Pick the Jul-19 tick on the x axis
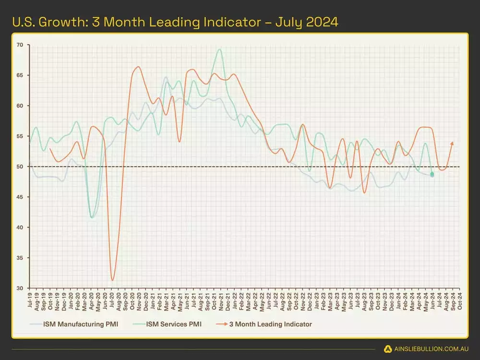(x=30, y=299)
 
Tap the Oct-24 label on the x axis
(x=460, y=299)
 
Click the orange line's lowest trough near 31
(x=112, y=280)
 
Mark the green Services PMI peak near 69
(x=219, y=49)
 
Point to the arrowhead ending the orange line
(x=452, y=143)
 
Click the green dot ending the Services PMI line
(x=432, y=175)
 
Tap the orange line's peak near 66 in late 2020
(x=138, y=67)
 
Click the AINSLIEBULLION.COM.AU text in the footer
(x=429, y=348)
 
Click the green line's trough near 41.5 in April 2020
(x=92, y=217)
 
